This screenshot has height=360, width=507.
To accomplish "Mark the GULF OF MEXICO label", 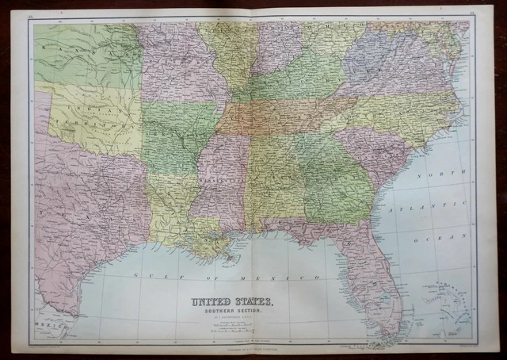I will point(227,278).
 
